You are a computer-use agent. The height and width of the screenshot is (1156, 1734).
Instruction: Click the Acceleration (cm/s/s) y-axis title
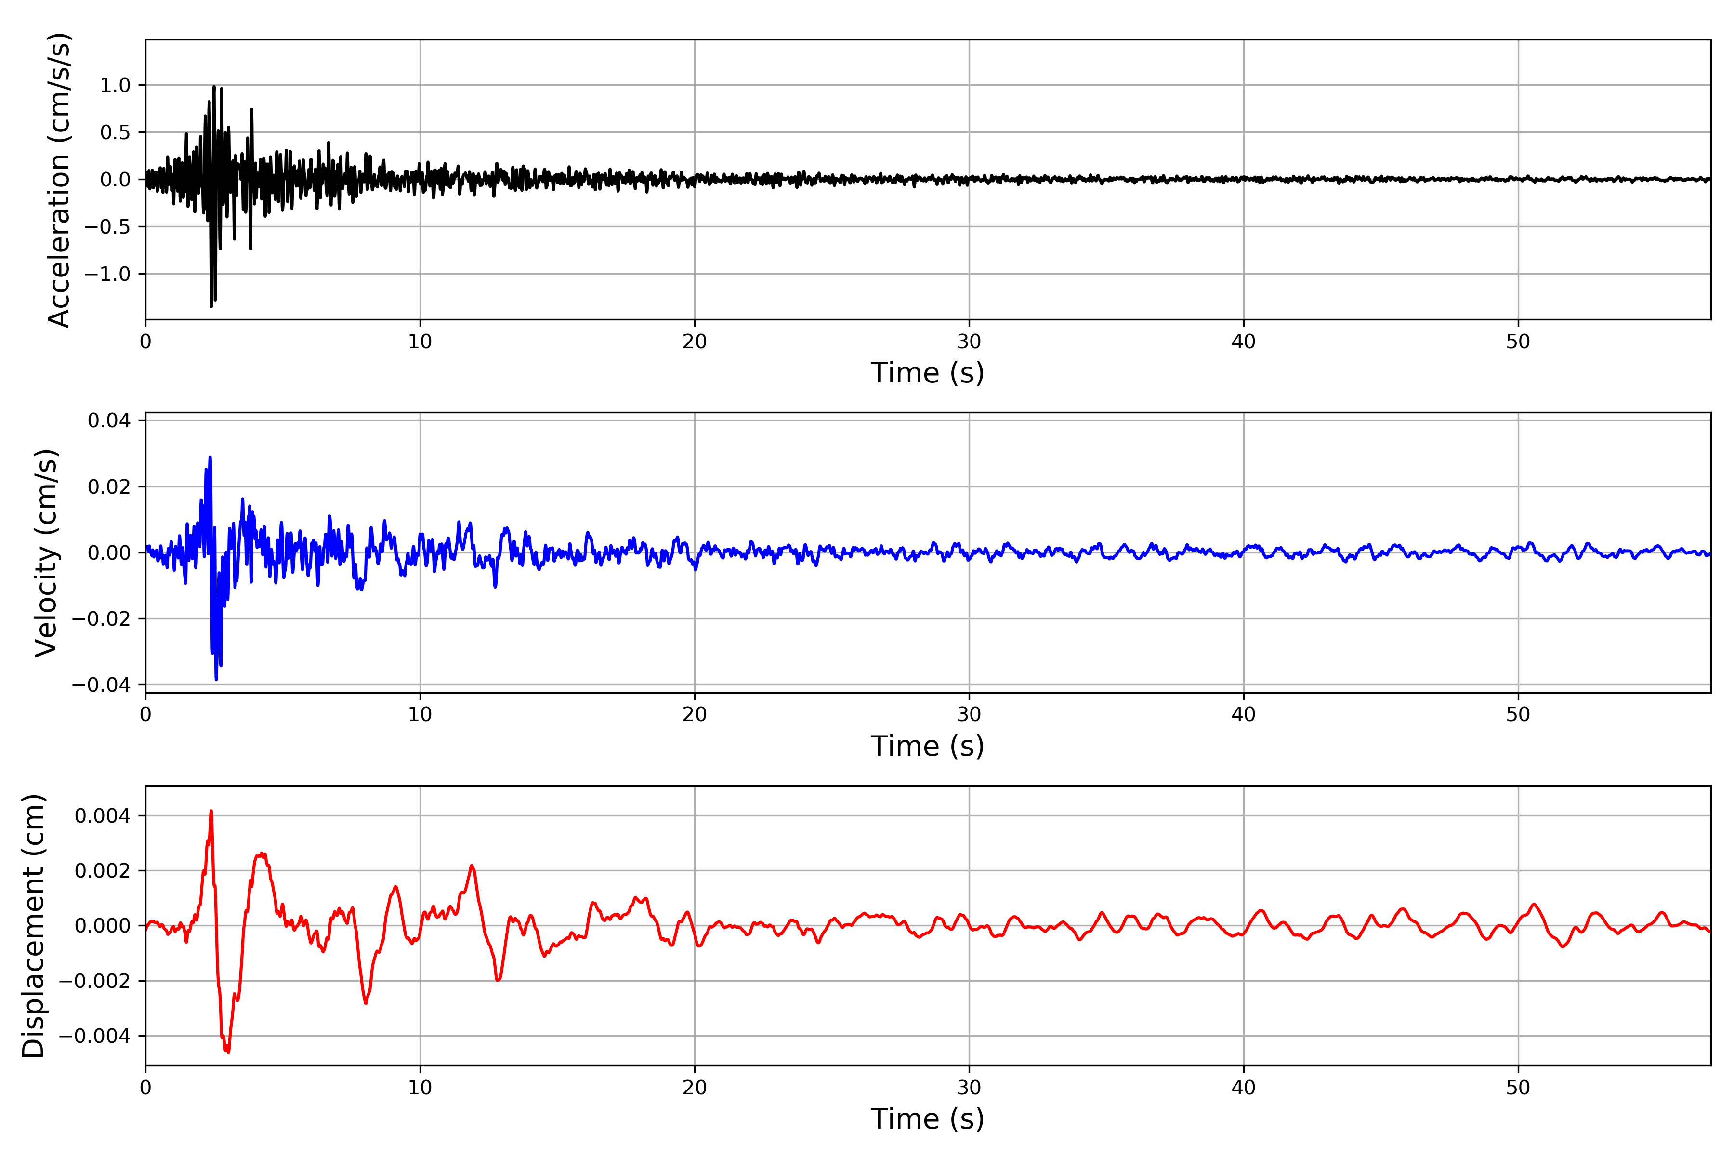(59, 180)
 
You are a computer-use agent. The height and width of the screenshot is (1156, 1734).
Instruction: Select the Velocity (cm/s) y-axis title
(46, 553)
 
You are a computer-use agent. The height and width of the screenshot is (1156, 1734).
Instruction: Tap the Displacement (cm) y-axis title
(33, 926)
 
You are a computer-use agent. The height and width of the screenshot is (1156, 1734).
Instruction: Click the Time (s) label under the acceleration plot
(928, 373)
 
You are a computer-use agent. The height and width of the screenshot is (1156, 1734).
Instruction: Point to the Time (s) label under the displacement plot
(928, 1119)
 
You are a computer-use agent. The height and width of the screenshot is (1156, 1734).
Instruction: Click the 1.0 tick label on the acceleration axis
(115, 86)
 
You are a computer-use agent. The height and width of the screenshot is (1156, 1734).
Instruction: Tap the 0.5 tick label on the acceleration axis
(115, 133)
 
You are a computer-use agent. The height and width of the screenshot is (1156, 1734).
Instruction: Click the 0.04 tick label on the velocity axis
(109, 421)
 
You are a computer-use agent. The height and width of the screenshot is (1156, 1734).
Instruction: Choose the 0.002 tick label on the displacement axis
(103, 871)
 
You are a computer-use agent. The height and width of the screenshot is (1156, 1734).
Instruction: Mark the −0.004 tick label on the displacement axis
(94, 1036)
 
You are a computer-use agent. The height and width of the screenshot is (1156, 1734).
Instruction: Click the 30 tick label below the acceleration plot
(969, 342)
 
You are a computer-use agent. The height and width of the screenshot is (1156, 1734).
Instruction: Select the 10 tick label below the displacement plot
(420, 1088)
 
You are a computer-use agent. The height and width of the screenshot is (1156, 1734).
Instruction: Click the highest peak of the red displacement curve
(211, 812)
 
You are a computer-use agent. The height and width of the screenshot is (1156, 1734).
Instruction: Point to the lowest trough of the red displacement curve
(228, 1052)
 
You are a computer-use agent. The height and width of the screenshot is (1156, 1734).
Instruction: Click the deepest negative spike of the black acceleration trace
(211, 306)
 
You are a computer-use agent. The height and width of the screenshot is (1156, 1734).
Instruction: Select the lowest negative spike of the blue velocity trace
(216, 679)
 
